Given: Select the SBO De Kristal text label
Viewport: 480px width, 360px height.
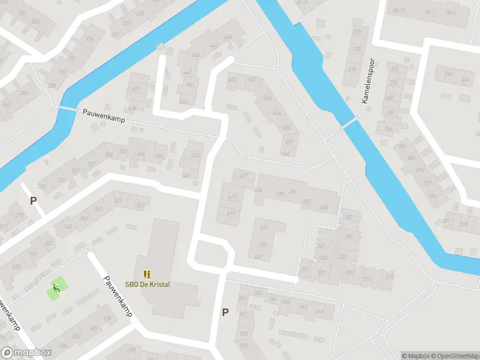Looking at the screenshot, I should coord(148,284).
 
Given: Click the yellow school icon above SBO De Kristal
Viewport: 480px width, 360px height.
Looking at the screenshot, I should coord(147,274).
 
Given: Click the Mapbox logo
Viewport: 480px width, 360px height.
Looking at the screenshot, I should coord(26,353).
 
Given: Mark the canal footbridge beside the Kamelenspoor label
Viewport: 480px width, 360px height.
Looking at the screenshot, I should coord(349,122).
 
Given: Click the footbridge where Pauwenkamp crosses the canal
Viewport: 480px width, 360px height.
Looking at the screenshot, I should coord(68,109).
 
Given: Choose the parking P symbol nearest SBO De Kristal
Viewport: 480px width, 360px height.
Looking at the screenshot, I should coord(226,312).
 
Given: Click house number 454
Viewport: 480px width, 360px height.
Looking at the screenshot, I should coord(267,99).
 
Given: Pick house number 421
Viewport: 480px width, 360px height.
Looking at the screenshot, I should coord(263,229).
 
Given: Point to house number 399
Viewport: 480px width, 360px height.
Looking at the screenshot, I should coord(279,193).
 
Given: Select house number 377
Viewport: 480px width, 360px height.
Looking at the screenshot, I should coord(366,278).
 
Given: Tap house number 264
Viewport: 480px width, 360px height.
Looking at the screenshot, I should coord(464,80).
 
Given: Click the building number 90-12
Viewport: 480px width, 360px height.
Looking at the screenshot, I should coord(400,11).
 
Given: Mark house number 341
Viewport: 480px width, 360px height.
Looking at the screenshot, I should coord(98,209).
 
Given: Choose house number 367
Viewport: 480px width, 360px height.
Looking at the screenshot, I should coord(319,311).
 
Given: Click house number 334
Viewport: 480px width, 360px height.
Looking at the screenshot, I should coord(140,154).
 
